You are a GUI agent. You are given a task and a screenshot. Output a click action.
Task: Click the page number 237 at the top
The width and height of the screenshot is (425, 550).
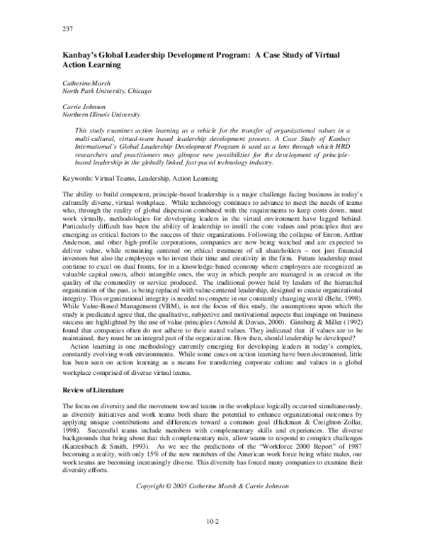(68, 30)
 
